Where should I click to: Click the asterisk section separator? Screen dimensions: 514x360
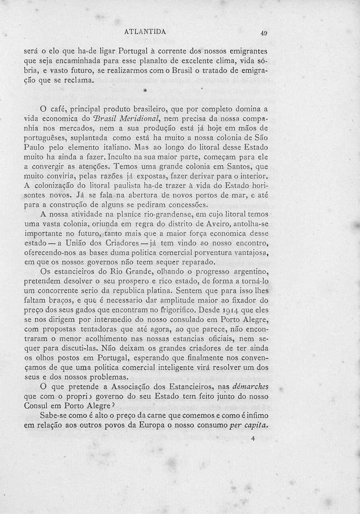(x=145, y=91)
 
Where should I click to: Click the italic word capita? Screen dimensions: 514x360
(x=257, y=425)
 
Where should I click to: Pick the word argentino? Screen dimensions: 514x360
(x=251, y=272)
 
